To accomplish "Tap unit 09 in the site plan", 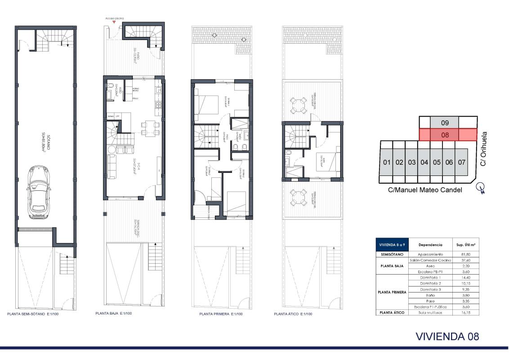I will click(445, 122).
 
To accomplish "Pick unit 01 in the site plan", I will click(386, 162).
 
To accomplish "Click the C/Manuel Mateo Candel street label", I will click(425, 190).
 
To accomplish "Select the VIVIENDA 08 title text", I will click(447, 336).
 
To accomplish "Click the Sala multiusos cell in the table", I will click(432, 312).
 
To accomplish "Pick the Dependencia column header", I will click(432, 245).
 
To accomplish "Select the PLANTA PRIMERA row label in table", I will click(391, 292).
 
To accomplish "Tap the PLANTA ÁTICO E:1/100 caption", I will click(293, 314).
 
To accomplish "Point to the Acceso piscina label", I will click(114, 18).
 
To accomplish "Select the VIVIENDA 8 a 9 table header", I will click(392, 245).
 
